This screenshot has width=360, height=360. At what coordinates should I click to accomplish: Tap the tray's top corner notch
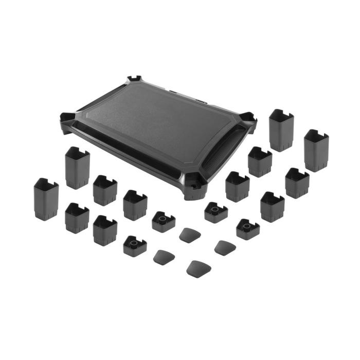tap(135, 80)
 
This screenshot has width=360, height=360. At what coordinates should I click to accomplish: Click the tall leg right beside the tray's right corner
tap(281, 130)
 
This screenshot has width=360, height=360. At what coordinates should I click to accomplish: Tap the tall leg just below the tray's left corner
tap(78, 167)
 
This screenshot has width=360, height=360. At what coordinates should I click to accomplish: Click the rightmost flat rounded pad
tap(225, 246)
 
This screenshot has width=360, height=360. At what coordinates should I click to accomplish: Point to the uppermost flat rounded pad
tap(189, 235)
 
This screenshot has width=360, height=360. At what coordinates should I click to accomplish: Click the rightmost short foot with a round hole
tap(247, 228)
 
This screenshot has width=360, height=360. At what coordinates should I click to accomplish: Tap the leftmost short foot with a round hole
tap(135, 245)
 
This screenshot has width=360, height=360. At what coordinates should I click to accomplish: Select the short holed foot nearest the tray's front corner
tap(215, 211)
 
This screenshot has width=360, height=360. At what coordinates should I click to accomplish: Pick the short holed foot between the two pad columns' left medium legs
tap(164, 221)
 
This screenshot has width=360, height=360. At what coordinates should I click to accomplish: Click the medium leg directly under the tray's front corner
tap(237, 186)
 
